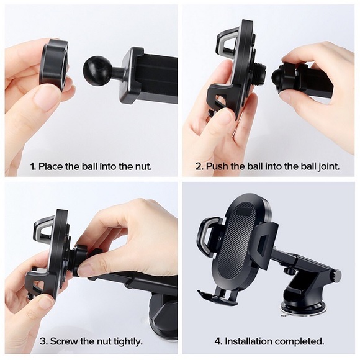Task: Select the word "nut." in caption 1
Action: click(140, 166)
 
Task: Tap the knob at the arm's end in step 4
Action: click(336, 275)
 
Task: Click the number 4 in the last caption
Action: click(218, 341)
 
